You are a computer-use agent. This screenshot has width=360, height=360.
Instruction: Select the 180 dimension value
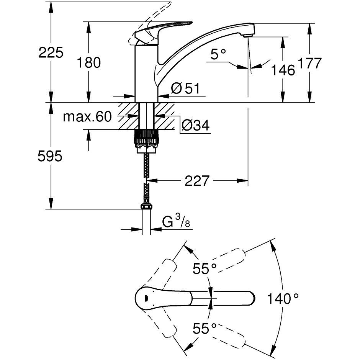coord(89,62)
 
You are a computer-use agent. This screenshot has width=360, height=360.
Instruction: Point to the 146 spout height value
coord(283,70)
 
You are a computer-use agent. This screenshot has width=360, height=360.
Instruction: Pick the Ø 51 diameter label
coord(186,88)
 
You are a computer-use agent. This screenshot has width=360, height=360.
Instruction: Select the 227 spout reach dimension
coord(198,181)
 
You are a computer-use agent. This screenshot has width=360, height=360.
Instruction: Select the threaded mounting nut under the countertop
coord(146,139)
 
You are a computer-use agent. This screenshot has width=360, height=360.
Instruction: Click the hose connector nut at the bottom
coord(146,207)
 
